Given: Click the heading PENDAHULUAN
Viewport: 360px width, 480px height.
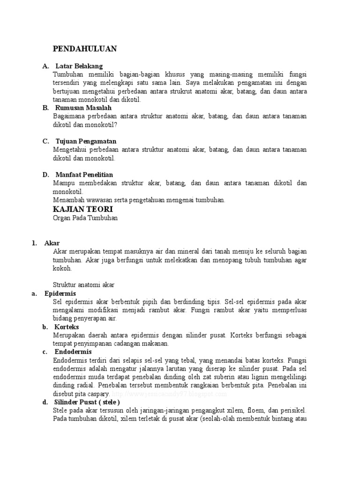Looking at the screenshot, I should (85, 49).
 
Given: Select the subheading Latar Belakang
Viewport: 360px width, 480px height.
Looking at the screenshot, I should (79, 66).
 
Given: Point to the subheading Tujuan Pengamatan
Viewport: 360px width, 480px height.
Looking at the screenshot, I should (86, 141).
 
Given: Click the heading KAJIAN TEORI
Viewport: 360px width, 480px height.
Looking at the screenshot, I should (83, 209).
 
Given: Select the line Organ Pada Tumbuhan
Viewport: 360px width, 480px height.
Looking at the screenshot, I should (85, 218).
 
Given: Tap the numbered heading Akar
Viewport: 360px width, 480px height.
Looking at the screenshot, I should (52, 243).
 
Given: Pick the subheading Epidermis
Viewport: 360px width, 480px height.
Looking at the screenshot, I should (60, 293).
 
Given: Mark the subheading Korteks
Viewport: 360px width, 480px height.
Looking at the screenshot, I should (67, 327).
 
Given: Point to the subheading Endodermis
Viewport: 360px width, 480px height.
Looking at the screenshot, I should (73, 352).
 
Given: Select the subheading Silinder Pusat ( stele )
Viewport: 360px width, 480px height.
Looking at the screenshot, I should (87, 402).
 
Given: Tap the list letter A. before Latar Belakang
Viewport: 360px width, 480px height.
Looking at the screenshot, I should (45, 66).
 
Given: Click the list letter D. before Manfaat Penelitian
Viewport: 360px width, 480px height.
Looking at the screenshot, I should (45, 175).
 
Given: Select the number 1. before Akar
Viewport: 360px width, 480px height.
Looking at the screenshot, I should (34, 243).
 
